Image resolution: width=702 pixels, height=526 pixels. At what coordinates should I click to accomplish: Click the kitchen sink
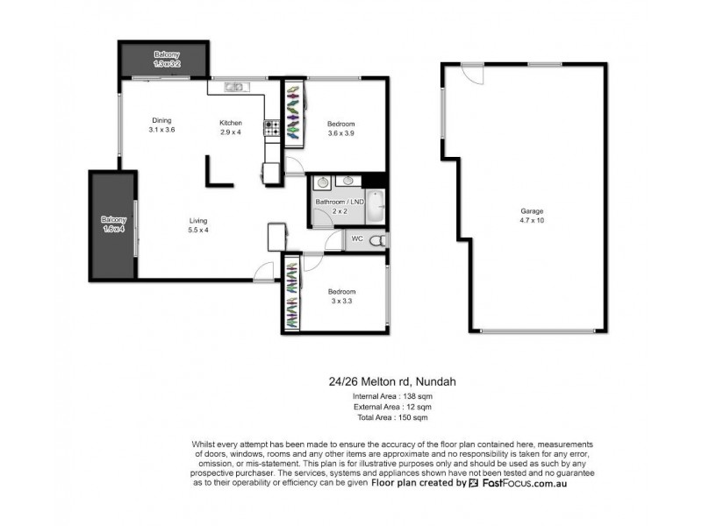234,86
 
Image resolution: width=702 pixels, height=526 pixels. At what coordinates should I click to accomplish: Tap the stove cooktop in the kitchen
271,130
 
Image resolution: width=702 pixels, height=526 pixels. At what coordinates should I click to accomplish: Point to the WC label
356,238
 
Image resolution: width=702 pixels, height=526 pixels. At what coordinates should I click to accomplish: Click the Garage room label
532,211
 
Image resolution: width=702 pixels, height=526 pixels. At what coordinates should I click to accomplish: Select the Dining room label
161,121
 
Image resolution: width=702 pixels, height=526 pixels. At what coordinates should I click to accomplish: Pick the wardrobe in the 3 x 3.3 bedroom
290,295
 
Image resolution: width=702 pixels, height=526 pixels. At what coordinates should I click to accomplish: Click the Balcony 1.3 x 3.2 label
167,59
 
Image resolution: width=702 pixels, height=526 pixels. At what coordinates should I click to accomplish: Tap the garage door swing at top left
472,76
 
